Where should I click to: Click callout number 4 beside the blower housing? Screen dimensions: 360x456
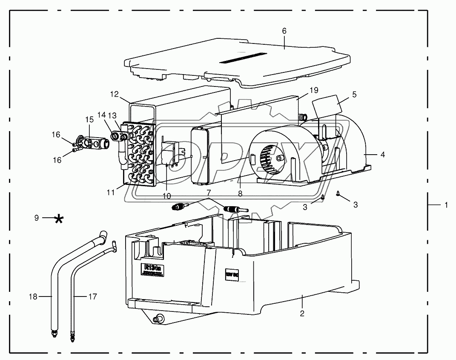382,154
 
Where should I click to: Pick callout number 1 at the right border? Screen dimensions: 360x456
446,205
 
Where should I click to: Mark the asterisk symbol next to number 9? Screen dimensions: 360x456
59,219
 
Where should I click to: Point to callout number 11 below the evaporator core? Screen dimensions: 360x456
111,193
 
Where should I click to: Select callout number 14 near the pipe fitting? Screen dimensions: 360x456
101,115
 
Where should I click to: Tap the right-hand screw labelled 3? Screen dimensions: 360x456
338,194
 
